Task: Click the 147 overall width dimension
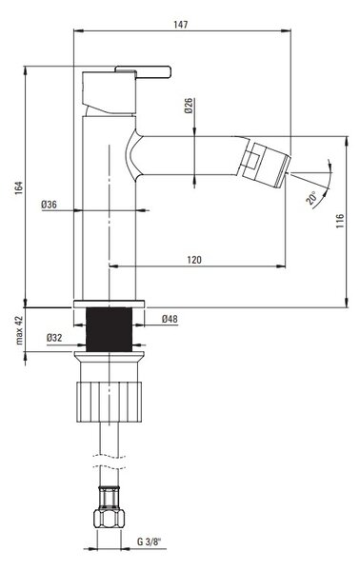point(181,25)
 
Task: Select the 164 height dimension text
point(19,187)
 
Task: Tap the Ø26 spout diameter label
point(189,106)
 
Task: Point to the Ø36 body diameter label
point(50,205)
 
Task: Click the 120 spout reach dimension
point(194,260)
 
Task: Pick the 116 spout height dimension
point(340,222)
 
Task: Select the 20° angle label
point(312,198)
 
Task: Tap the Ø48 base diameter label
point(170,319)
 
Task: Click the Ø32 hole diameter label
point(54,338)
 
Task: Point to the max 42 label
point(19,330)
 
